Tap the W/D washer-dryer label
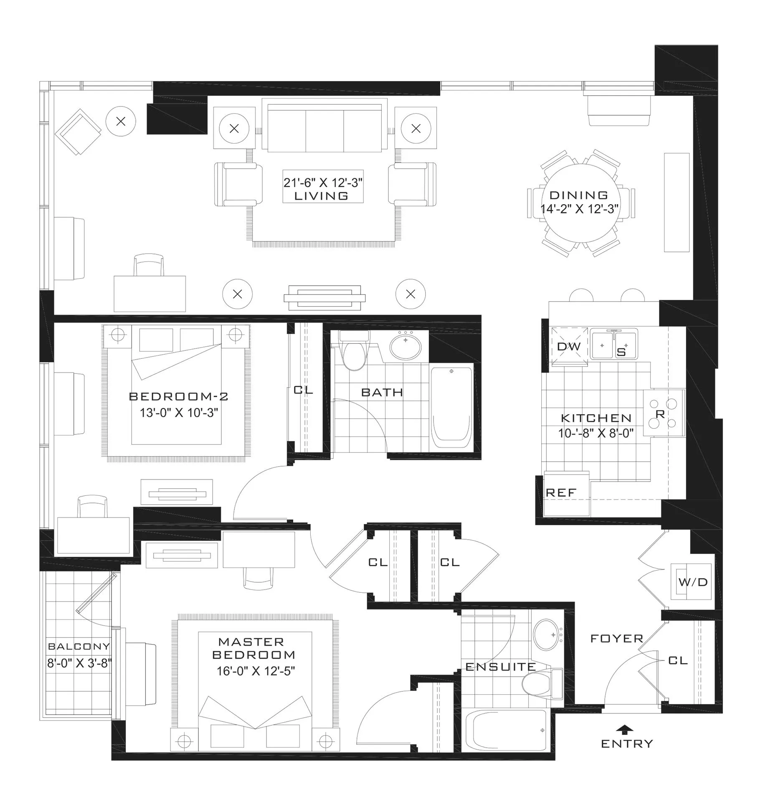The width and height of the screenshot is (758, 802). tap(693, 582)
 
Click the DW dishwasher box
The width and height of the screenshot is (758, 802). tap(568, 346)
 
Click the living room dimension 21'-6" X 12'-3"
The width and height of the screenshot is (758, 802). tap(323, 183)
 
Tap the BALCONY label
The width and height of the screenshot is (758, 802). tap(79, 646)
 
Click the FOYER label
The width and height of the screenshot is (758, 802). tap(616, 638)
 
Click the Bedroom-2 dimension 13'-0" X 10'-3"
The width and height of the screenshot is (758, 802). tap(179, 413)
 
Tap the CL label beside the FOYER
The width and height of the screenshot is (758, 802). tap(677, 660)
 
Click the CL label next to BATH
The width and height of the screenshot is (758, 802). tap(303, 390)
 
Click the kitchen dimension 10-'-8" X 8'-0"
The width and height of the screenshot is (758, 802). tap(596, 433)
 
